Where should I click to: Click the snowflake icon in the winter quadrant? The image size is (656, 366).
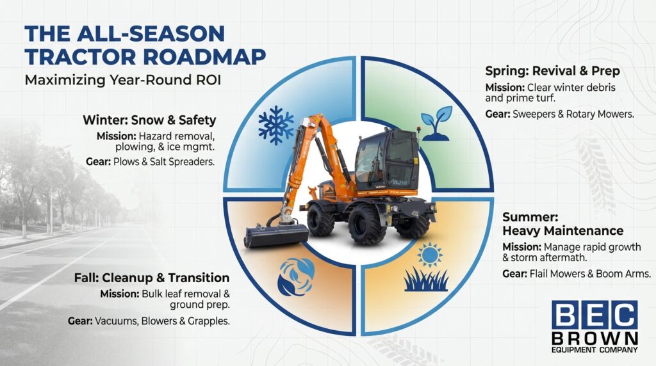pyautogui.click(x=275, y=125)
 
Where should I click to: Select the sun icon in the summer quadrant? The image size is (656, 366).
pyautogui.click(x=429, y=255)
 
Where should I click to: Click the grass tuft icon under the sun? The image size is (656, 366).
pyautogui.click(x=426, y=280)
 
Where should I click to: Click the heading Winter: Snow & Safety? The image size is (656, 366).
pyautogui.click(x=149, y=120)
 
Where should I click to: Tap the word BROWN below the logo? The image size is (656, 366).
pyautogui.click(x=595, y=338)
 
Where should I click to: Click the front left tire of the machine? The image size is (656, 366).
pyautogui.click(x=321, y=219)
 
